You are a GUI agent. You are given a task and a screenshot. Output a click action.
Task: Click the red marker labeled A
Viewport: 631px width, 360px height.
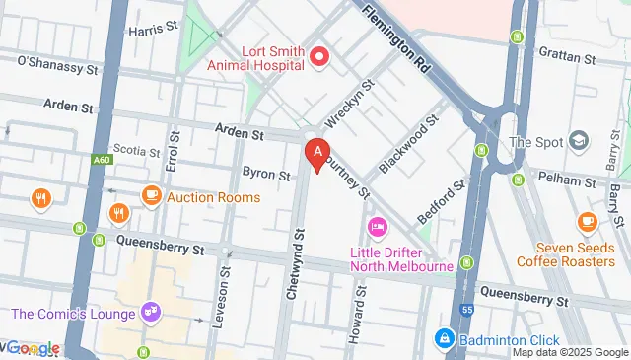[x=316, y=154]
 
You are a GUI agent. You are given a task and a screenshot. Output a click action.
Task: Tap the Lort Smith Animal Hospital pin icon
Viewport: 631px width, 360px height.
[x=319, y=56]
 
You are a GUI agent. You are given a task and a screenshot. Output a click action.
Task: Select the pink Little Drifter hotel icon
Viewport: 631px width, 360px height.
[x=377, y=229]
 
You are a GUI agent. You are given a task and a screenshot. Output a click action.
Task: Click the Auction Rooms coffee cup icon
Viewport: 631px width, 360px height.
[x=151, y=195]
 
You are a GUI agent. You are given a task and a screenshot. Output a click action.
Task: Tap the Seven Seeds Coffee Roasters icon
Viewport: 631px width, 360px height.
[x=588, y=221]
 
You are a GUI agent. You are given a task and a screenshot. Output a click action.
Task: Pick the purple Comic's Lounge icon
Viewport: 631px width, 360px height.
[x=151, y=314]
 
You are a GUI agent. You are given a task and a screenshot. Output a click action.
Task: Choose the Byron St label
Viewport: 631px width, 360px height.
[x=266, y=175]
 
